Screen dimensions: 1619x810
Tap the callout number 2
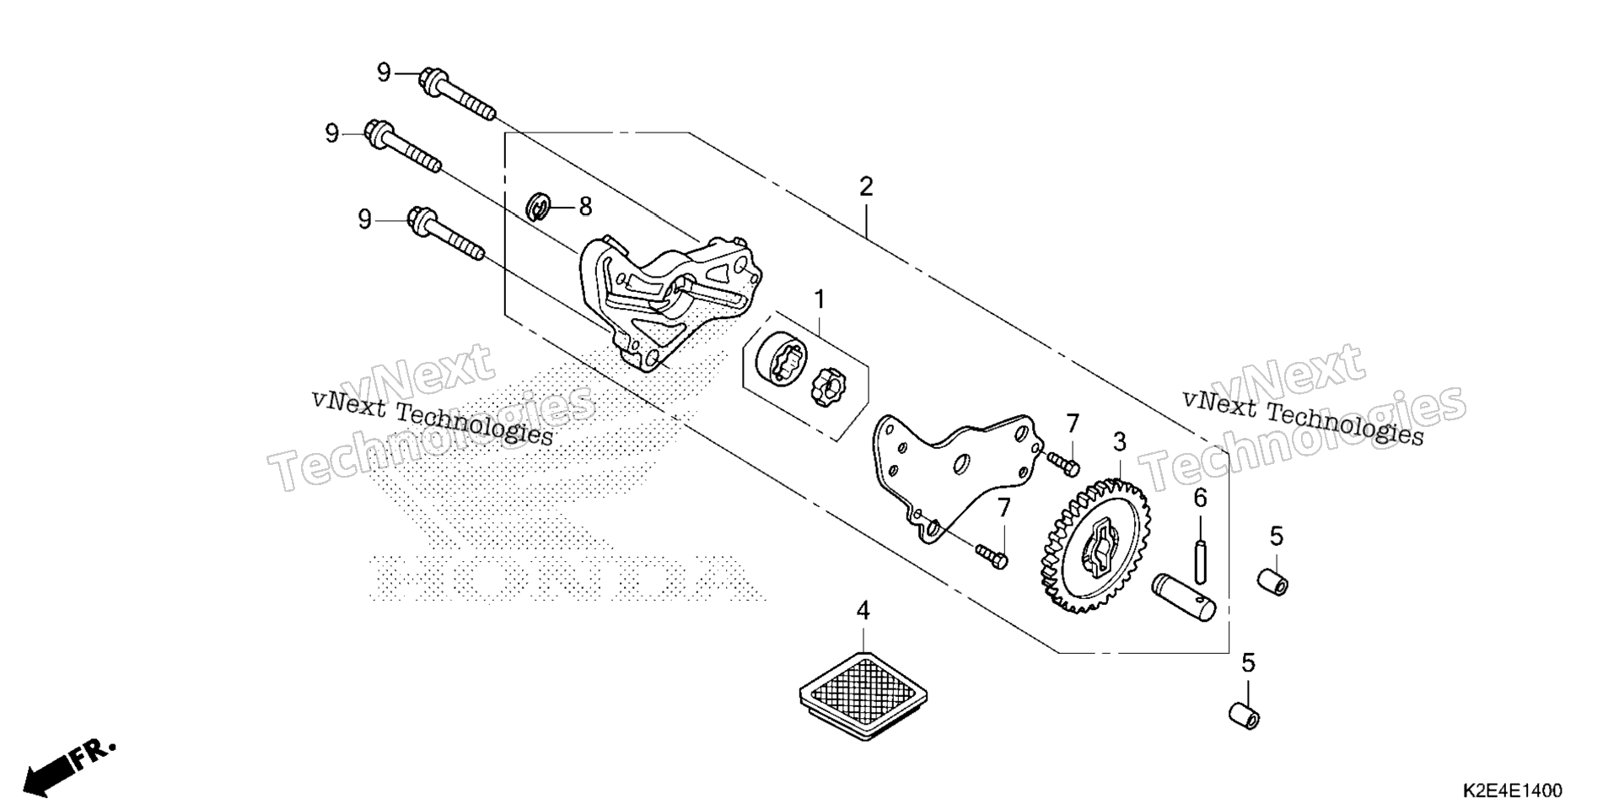click(x=866, y=186)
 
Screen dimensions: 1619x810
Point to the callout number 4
click(x=863, y=609)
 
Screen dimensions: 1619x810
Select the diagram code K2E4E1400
click(x=1513, y=791)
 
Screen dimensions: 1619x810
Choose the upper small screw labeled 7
click(x=1063, y=461)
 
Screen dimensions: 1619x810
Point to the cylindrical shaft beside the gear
click(x=1185, y=598)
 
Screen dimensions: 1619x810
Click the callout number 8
click(x=584, y=207)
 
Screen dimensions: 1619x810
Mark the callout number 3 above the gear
click(x=1119, y=441)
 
